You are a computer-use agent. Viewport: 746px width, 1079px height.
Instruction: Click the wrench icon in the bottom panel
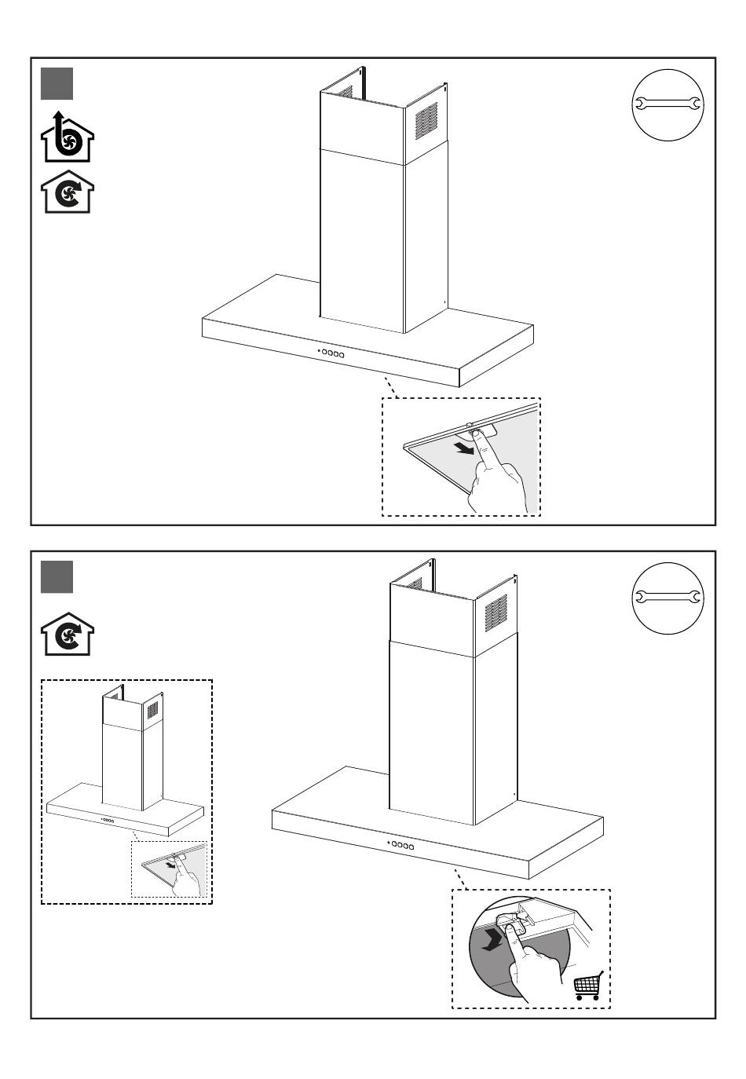point(667,598)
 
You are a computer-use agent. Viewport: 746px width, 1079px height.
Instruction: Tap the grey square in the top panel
point(57,84)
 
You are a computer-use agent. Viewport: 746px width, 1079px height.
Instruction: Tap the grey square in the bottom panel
point(57,577)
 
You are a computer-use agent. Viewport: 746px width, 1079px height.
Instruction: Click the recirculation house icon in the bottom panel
point(67,634)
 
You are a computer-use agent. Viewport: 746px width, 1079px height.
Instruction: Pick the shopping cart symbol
point(587,986)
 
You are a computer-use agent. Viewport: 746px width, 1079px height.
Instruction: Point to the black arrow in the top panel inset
point(464,448)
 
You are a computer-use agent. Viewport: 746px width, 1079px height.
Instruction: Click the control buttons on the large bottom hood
point(400,845)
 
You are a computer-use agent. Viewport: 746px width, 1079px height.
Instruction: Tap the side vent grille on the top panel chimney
point(426,120)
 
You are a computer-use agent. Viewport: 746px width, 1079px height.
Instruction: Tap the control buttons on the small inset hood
point(108,821)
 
